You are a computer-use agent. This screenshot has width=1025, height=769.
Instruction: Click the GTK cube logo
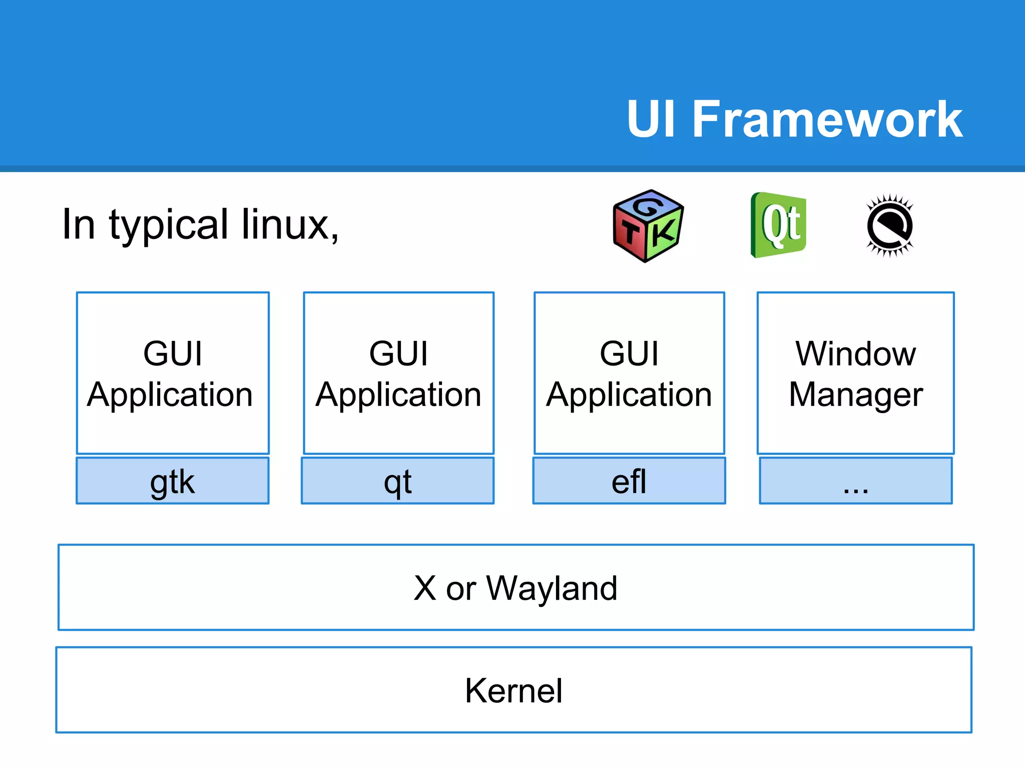pyautogui.click(x=648, y=226)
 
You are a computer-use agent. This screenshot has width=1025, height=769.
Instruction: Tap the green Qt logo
pyautogui.click(x=779, y=225)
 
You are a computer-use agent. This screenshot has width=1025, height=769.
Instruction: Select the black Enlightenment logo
pyautogui.click(x=890, y=226)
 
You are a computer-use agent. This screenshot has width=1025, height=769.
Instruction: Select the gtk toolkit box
pyautogui.click(x=173, y=481)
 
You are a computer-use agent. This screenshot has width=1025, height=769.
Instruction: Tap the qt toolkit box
pyautogui.click(x=398, y=481)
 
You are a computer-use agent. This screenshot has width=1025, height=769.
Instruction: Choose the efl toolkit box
pyautogui.click(x=629, y=481)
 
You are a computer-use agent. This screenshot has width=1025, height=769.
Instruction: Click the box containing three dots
pyautogui.click(x=856, y=481)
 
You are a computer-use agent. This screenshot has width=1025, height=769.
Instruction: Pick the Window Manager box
pyautogui.click(x=856, y=373)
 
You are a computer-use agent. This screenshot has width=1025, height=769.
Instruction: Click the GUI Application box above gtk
pyautogui.click(x=173, y=373)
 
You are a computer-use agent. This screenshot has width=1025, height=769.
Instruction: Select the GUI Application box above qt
pyautogui.click(x=399, y=373)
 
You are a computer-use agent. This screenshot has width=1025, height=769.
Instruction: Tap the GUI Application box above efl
pyautogui.click(x=629, y=373)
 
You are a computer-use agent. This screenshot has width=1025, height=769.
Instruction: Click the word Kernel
pyautogui.click(x=514, y=691)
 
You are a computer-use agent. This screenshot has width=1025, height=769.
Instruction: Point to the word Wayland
pyautogui.click(x=552, y=588)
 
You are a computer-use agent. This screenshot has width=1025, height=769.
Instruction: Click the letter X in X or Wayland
pyautogui.click(x=425, y=588)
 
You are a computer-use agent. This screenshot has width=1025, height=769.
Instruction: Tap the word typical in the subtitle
pyautogui.click(x=169, y=225)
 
